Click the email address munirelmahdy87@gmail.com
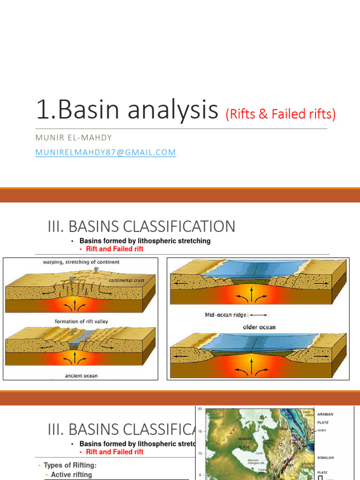click(105, 152)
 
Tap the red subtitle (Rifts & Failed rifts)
click(281, 114)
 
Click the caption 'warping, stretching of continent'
click(81, 262)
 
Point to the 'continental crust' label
click(126, 280)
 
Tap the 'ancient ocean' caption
click(81, 375)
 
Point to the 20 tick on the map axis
click(200, 409)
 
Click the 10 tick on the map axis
click(200, 453)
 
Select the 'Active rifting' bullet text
click(71, 475)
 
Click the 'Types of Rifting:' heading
click(70, 465)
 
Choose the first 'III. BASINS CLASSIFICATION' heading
click(142, 226)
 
